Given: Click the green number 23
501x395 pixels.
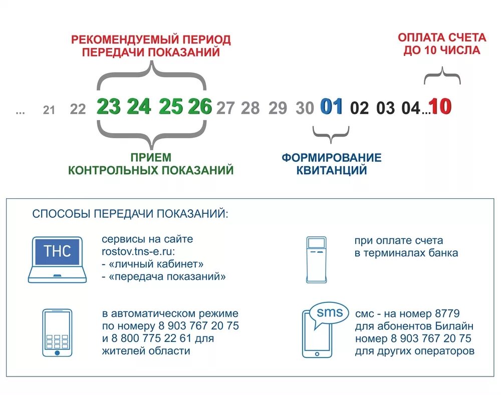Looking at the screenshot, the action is tap(109, 107).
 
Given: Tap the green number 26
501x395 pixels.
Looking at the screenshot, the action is tap(200, 107).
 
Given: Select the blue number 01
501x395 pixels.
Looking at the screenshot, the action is tap(332, 107).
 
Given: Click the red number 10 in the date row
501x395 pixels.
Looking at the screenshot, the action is tap(441, 107).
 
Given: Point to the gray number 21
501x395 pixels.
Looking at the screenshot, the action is tap(49, 110).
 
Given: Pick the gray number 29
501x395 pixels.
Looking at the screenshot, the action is tap(278, 108).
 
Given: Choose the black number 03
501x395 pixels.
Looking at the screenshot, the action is tap(385, 108).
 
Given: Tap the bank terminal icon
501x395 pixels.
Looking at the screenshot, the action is tap(316, 259).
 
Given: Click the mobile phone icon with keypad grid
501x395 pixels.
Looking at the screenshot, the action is tap(57, 332).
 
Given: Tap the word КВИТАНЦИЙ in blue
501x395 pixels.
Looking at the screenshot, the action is tap(331, 170).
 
